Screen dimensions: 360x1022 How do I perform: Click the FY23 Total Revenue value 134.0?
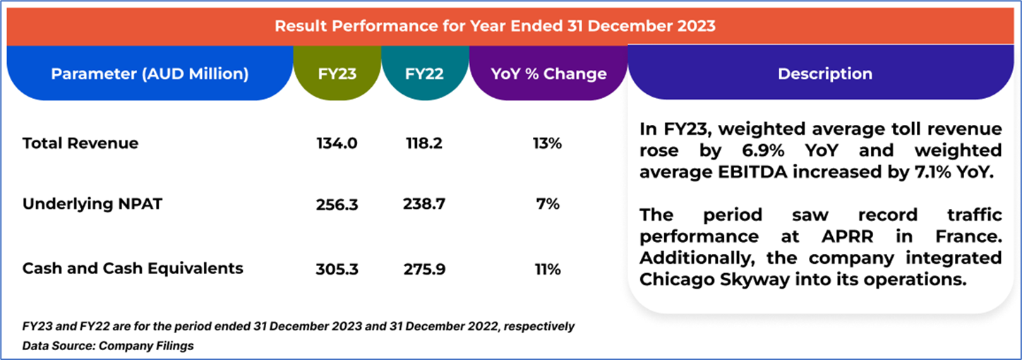point(337,143)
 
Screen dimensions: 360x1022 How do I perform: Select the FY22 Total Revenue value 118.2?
point(424,143)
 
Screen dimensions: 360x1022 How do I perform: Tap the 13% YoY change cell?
point(547,143)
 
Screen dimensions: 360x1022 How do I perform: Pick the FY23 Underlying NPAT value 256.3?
point(337,204)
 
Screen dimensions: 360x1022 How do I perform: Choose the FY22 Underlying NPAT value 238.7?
point(424,204)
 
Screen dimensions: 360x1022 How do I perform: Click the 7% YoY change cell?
point(548,204)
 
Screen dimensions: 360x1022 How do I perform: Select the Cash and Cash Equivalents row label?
point(133,268)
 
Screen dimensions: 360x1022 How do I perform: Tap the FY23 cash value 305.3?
point(337,269)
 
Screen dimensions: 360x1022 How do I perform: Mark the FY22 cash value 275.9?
point(424,269)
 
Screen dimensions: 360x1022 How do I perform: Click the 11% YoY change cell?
point(548,269)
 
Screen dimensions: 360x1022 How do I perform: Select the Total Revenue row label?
point(80,143)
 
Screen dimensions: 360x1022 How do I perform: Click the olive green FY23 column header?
point(337,73)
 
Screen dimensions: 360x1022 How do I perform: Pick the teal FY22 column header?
point(424,73)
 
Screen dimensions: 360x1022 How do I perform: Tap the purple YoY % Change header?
point(548,73)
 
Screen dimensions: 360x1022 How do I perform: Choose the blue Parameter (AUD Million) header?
point(150,73)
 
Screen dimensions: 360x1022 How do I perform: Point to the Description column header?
point(824,73)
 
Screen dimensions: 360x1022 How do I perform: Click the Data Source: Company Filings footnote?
point(108,346)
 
